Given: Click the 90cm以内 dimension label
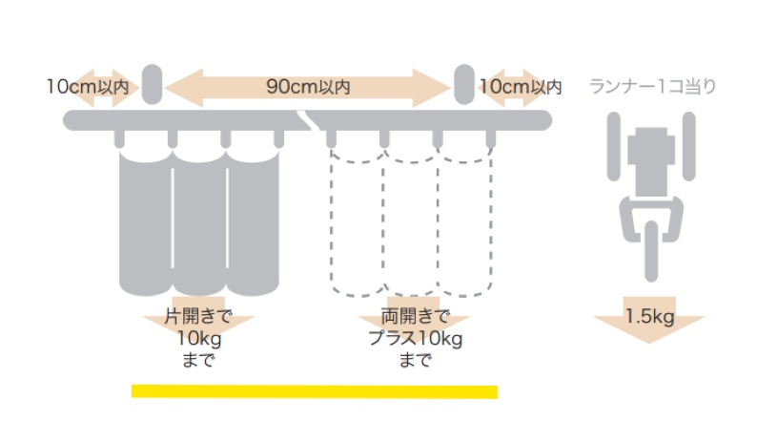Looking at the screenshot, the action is [x=308, y=87].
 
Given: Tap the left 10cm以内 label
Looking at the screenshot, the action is [x=88, y=87].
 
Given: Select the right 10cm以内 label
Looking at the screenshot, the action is [x=521, y=87].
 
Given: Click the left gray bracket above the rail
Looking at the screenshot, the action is [x=153, y=84].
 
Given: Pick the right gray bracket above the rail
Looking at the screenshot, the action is [x=464, y=84].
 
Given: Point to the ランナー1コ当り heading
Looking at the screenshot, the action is [x=653, y=86].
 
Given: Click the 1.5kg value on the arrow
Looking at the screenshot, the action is [x=649, y=316].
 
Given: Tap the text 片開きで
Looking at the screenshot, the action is [x=198, y=316].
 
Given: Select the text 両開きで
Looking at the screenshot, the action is [x=416, y=316].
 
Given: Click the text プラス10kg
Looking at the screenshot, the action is [x=416, y=338].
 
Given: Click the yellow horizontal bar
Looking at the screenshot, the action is [x=315, y=391].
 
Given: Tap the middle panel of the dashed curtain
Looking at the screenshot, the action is [x=410, y=223].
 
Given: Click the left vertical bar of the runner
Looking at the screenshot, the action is [x=613, y=146].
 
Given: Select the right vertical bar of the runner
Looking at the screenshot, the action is [x=688, y=146].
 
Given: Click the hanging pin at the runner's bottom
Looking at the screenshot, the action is [x=651, y=251].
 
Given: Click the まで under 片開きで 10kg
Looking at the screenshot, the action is [x=198, y=360].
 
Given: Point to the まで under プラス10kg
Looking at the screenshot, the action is [x=416, y=360].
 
